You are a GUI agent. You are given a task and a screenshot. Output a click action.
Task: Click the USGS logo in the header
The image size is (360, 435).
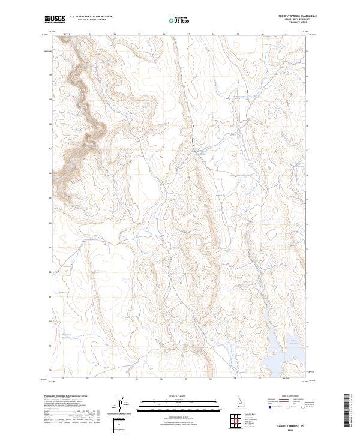55,19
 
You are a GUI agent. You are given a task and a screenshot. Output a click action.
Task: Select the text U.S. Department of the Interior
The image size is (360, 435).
89,17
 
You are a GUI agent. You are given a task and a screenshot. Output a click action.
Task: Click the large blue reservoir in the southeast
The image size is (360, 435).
282,351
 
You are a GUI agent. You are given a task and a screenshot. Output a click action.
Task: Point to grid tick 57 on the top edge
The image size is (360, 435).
189,34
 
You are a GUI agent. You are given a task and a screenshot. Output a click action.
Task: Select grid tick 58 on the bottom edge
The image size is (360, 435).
211,379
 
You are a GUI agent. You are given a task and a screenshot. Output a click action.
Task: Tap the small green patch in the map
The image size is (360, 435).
227,248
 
